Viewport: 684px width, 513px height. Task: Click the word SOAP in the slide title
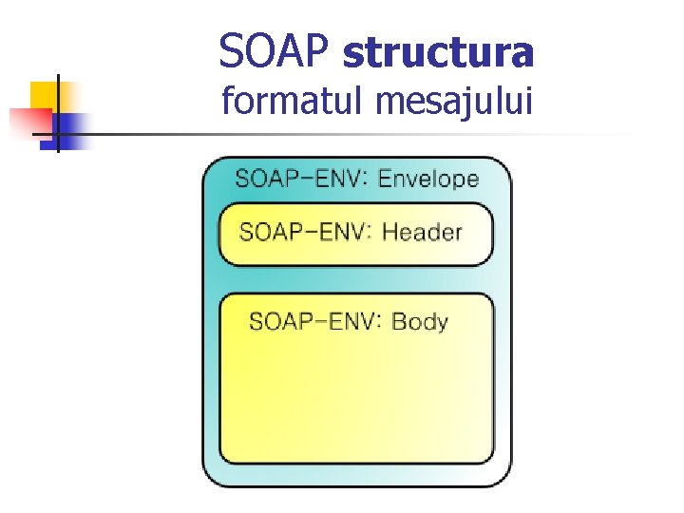pyautogui.click(x=276, y=51)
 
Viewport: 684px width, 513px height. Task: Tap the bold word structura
pyautogui.click(x=438, y=53)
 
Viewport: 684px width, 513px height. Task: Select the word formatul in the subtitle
pyautogui.click(x=293, y=101)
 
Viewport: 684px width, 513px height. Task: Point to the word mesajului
pyautogui.click(x=453, y=102)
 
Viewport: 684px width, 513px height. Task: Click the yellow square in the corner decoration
pyautogui.click(x=46, y=97)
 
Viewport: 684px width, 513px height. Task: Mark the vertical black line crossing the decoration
pyautogui.click(x=57, y=114)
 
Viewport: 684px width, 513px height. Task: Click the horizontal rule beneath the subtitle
pyautogui.click(x=361, y=134)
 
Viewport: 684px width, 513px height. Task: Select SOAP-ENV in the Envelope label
pyautogui.click(x=301, y=178)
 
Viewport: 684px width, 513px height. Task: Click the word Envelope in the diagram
pyautogui.click(x=428, y=179)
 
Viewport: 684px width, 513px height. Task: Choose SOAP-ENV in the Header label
pyautogui.click(x=305, y=231)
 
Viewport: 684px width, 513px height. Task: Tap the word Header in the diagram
pyautogui.click(x=422, y=232)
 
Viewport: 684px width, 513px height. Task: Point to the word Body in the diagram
pyautogui.click(x=419, y=321)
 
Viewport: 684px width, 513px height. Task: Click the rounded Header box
pyautogui.click(x=356, y=251)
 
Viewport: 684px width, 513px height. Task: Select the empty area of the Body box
pyautogui.click(x=356, y=399)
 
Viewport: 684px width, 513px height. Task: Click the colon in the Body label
pyautogui.click(x=382, y=322)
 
